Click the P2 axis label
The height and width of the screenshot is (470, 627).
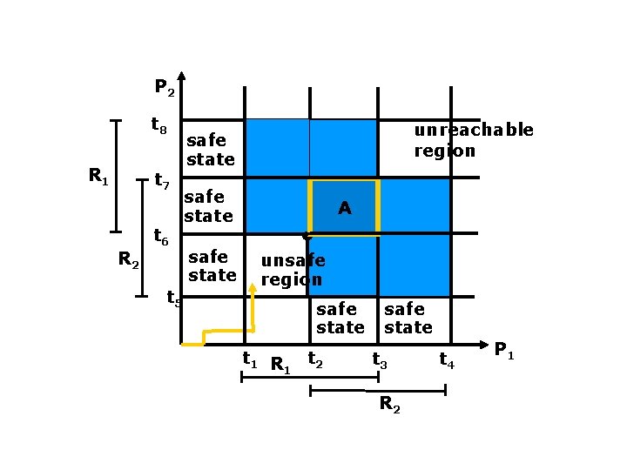pos(165,87)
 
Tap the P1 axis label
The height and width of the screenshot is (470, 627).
pos(503,351)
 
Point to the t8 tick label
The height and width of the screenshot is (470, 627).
pos(158,126)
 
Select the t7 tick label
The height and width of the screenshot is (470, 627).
pos(161,182)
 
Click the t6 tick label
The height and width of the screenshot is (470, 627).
pos(161,236)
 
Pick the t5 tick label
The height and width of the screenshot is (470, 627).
pos(173,299)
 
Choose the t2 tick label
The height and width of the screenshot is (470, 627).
pos(315,358)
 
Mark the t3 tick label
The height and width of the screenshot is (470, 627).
pos(381,358)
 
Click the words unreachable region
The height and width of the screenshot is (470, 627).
pos(473,140)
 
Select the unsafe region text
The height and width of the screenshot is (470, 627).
pos(293,270)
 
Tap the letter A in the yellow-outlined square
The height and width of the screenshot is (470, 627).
pos(345,208)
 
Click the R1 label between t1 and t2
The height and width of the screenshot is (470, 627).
pos(280,364)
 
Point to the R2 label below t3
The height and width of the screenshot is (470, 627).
pos(390,405)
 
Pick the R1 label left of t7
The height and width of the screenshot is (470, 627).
pos(98,176)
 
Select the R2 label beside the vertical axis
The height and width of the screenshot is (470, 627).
pos(128,258)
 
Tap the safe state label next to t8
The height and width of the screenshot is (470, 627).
pos(210,150)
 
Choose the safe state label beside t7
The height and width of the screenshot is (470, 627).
pos(208,206)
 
